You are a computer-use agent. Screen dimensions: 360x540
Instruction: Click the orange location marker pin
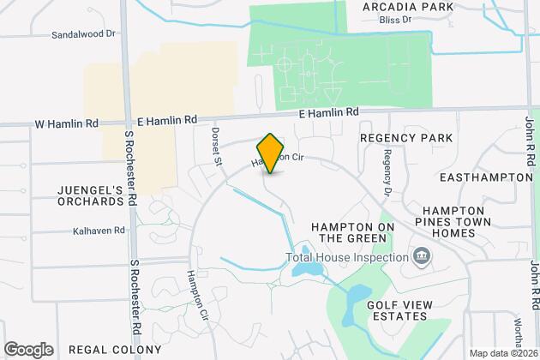point(270,153)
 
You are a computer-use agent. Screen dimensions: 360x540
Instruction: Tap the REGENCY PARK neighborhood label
point(405,138)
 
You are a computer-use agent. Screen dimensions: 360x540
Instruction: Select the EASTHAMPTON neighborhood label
point(485,177)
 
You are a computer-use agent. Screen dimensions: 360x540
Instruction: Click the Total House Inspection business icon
point(421,256)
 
